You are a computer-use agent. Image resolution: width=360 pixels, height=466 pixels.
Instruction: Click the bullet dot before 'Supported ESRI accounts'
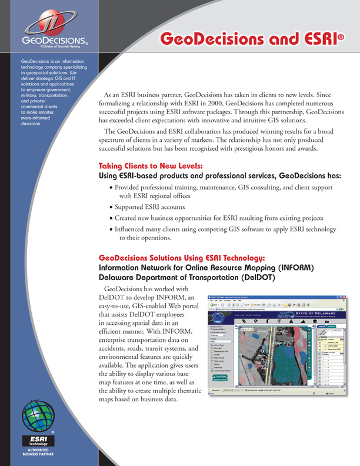[x=112, y=207]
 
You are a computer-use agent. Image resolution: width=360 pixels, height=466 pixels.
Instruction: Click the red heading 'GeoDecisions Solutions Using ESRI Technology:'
[x=182, y=258]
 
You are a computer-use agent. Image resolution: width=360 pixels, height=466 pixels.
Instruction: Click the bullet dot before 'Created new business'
[x=112, y=218]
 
